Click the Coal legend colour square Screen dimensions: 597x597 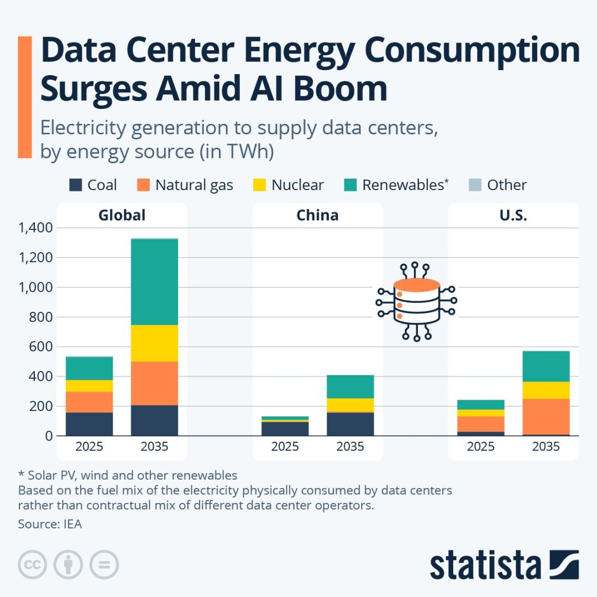point(76,185)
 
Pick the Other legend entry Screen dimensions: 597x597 point(498,185)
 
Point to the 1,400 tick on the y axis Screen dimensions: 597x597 point(35,228)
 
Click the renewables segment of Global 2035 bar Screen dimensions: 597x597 point(154,282)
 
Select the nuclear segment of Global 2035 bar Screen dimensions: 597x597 point(154,343)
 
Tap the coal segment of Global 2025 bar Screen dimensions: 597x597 point(89,424)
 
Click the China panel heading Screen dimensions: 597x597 point(317,215)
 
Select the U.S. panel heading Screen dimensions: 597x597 point(513,215)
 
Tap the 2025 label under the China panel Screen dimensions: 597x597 point(285,447)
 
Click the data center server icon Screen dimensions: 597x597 point(416,302)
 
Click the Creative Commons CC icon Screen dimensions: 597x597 point(32,564)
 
